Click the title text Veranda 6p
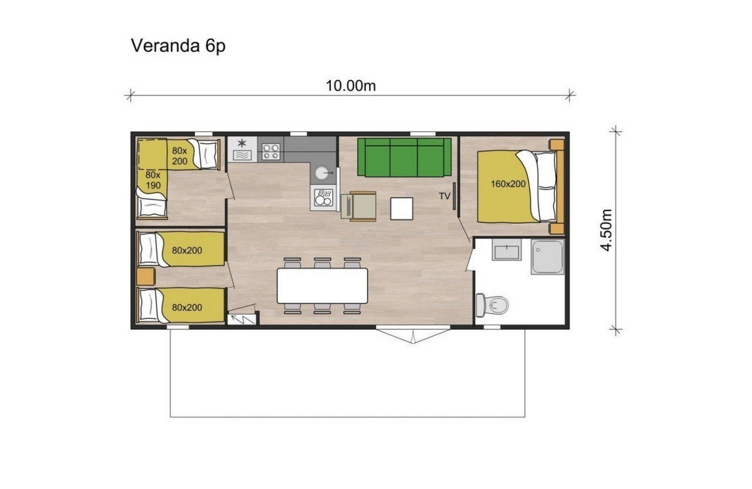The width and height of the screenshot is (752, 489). (x=178, y=46)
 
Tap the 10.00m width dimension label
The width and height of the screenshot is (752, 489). (x=351, y=86)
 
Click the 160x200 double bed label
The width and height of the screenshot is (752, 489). (x=508, y=184)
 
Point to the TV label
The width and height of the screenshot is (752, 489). (x=445, y=196)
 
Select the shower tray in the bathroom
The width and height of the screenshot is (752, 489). (x=547, y=257)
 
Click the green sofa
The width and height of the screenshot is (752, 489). (x=404, y=157)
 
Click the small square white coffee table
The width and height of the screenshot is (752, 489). (x=401, y=209)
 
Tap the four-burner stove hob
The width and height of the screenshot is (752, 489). (x=271, y=151)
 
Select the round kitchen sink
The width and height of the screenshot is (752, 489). (x=323, y=174)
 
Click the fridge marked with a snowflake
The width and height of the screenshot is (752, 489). (x=243, y=150)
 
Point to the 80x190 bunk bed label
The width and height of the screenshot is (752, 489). (x=153, y=180)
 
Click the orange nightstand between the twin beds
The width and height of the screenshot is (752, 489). (x=145, y=276)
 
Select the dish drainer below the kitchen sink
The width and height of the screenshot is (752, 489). (x=323, y=197)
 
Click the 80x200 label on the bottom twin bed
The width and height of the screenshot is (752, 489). (x=187, y=308)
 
